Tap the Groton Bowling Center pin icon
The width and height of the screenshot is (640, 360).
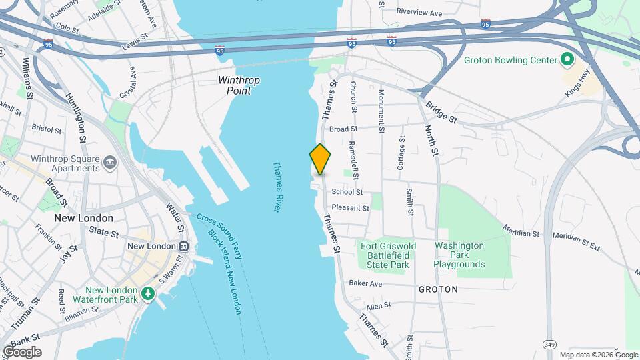pyautogui.click(x=567, y=61)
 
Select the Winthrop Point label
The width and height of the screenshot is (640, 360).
pyautogui.click(x=239, y=85)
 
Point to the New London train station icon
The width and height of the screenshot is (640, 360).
pyautogui.click(x=181, y=246)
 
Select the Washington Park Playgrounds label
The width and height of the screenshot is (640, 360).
pyautogui.click(x=459, y=255)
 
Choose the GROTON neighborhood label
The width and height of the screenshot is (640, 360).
pyautogui.click(x=438, y=289)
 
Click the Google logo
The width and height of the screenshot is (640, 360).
pyautogui.click(x=22, y=352)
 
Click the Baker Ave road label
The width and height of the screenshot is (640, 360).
pyautogui.click(x=365, y=283)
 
